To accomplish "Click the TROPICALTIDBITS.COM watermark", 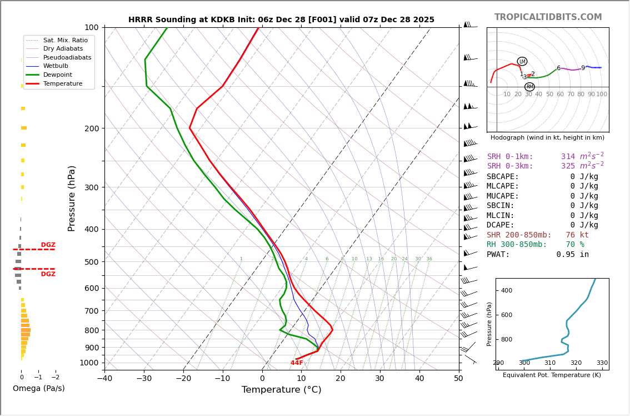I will pos(548,17).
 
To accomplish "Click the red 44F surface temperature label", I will pos(297,363).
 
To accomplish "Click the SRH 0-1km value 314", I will pos(568,157).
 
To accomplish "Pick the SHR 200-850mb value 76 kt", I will pos(577,235).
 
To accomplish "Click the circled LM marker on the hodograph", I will pos(522,61).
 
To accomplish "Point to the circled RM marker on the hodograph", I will pos(529,87).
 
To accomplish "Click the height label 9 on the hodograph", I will pos(583,68).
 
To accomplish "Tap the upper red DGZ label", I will pos(48,245).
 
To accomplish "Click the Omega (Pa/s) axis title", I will pos(38,389).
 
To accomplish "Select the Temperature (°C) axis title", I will pos(281,390).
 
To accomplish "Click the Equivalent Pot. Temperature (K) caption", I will pos(552,375).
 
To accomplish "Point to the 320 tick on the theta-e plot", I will pos(576,363).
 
